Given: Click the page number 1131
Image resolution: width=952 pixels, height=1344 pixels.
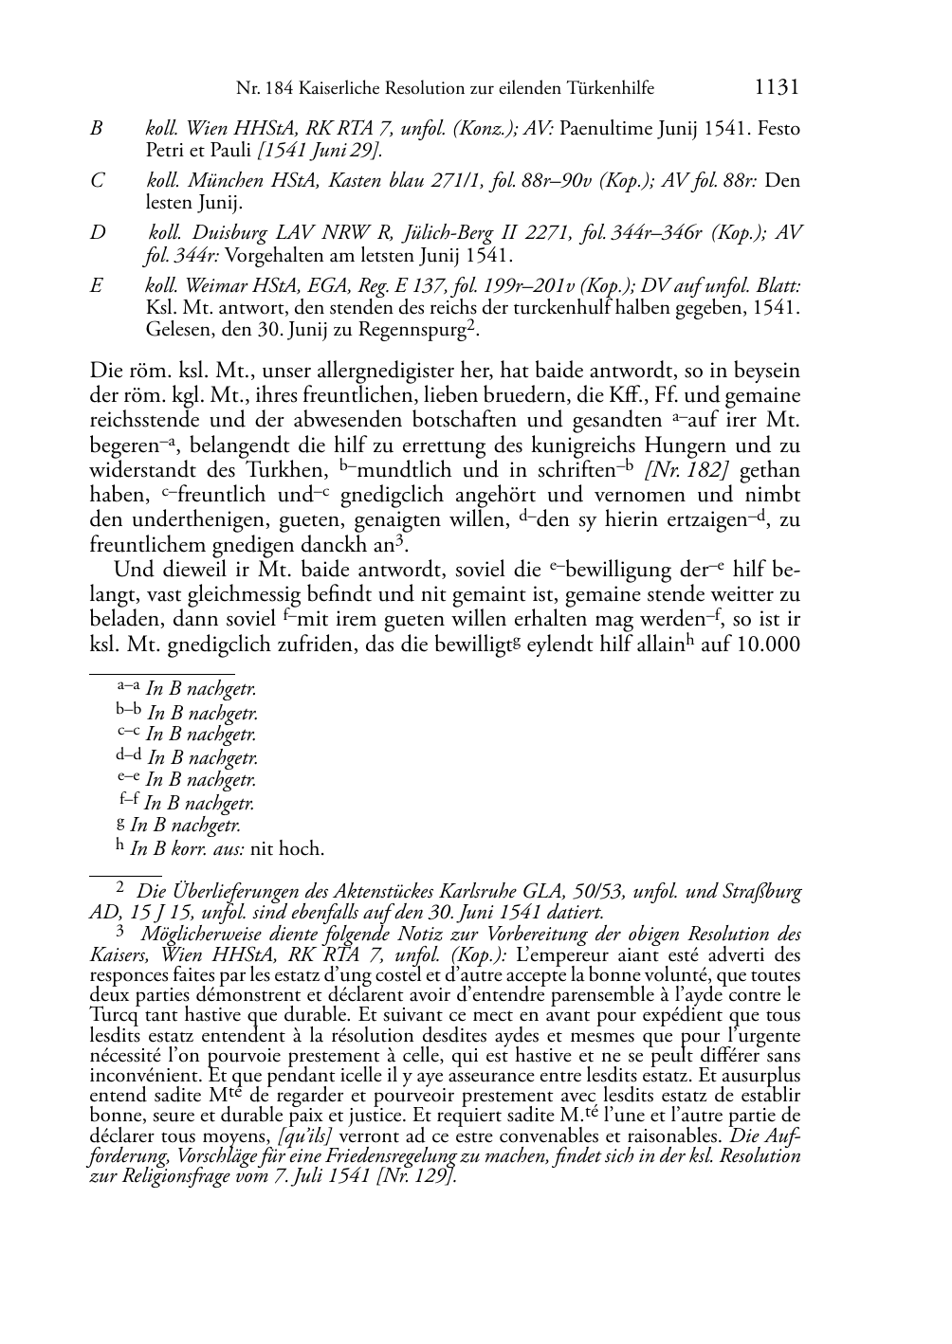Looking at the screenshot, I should coord(777,88).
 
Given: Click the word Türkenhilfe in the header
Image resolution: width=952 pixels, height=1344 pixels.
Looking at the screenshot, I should coord(605,89).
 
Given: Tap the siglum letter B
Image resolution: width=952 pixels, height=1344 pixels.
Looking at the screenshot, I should coord(96,129).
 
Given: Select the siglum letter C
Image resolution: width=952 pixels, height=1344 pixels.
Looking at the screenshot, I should coord(97,180).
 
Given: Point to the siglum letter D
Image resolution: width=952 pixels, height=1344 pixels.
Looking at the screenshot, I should coord(98,233).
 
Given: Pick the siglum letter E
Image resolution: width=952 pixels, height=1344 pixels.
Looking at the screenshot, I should coord(96,285).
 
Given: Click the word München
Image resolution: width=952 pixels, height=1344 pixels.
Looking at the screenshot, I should coord(219,180).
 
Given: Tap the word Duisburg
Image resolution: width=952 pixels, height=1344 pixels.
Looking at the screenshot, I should coord(229,233).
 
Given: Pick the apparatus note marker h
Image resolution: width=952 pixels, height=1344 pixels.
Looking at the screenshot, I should coord(119,845).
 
